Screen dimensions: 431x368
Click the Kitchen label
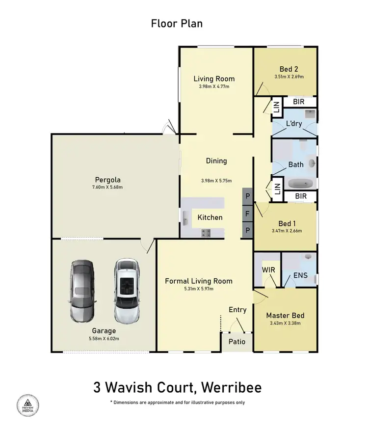pos(210,217)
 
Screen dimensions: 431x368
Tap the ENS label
pos(300,275)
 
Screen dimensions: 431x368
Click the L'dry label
pos(294,124)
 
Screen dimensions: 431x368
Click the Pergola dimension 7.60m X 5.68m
pos(108,187)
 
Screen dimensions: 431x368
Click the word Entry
pos(237,310)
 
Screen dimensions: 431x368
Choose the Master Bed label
pos(285,316)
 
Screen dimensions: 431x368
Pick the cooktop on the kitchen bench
pos(207,233)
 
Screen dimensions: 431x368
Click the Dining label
pos(216,161)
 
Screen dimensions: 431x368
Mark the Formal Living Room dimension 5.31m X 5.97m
pos(198,289)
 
